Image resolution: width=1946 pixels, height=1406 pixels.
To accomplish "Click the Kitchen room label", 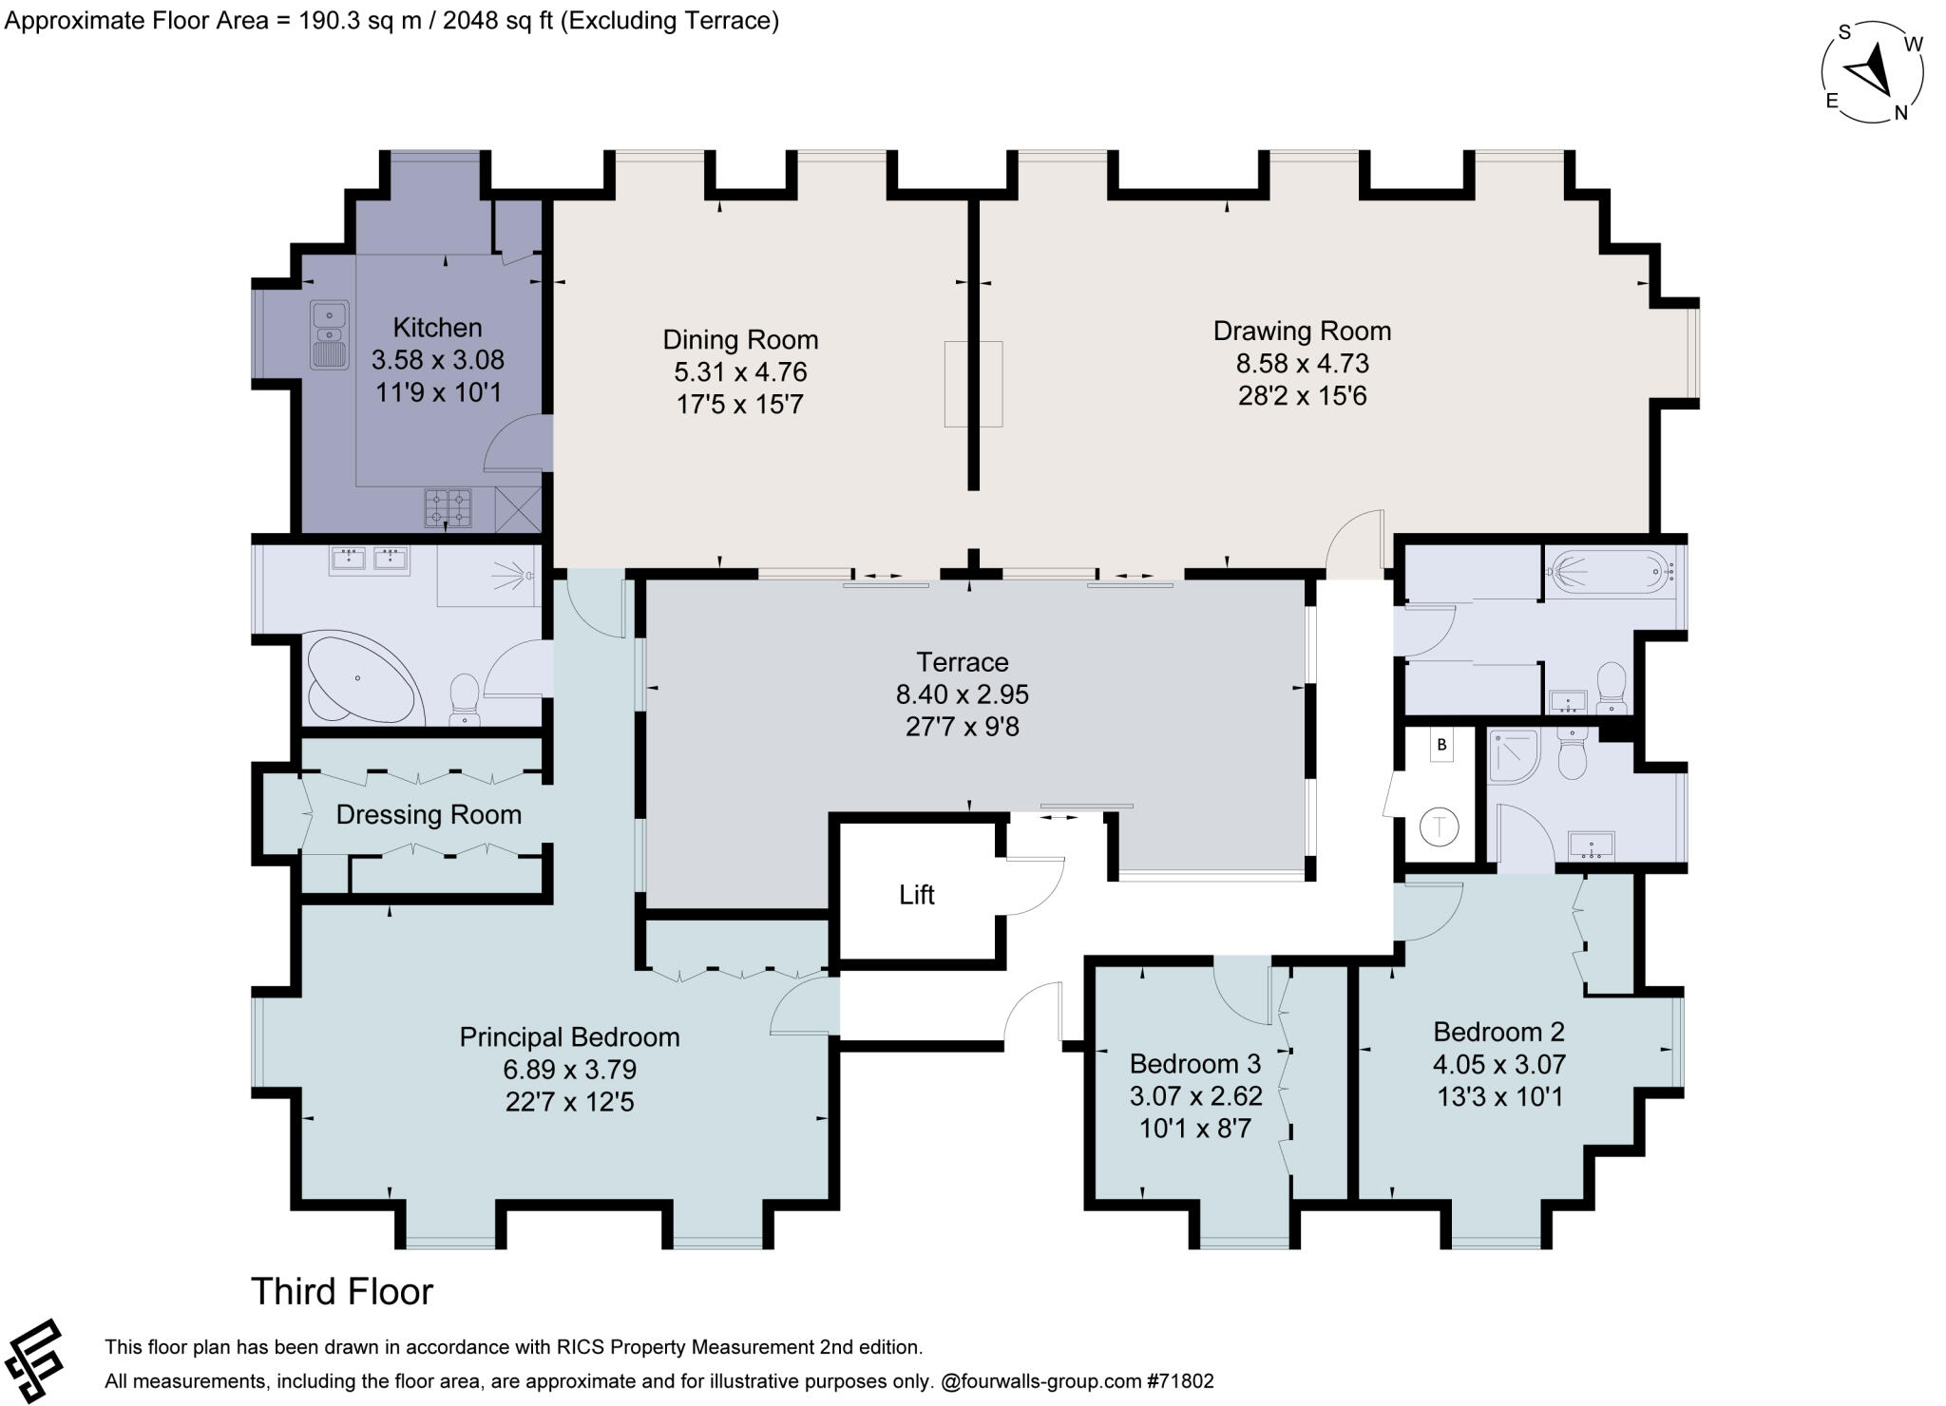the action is pos(437,328).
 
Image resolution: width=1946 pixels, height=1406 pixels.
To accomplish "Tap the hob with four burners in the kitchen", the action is pos(448,507).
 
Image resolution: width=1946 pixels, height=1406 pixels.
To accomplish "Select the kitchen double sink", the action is pos(330,335).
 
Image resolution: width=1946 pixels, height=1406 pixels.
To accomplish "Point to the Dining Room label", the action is pos(740,339).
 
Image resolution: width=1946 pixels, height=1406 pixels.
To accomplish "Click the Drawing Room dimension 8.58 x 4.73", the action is pos(1302,363).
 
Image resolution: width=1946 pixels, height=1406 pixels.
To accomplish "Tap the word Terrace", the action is pos(963,662).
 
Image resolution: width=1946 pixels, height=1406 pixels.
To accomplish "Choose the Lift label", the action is pos(917,895).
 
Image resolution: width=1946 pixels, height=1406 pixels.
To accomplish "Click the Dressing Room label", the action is pos(429,814).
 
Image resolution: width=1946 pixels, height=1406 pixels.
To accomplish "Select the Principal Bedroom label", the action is pos(570,1036).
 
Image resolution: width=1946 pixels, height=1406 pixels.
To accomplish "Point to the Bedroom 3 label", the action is pos(1196,1063).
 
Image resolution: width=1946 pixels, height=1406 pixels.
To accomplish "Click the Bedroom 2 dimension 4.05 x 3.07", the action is pos(1499,1064).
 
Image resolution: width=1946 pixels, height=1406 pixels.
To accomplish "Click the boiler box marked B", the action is pos(1441,745).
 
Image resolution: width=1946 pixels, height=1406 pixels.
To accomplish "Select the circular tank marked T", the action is pos(1440,826).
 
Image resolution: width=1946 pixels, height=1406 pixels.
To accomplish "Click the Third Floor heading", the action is pos(342,1292).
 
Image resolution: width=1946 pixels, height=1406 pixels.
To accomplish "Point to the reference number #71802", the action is pos(1179,1381).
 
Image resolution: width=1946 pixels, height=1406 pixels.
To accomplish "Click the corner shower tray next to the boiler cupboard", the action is pos(1513,756).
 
